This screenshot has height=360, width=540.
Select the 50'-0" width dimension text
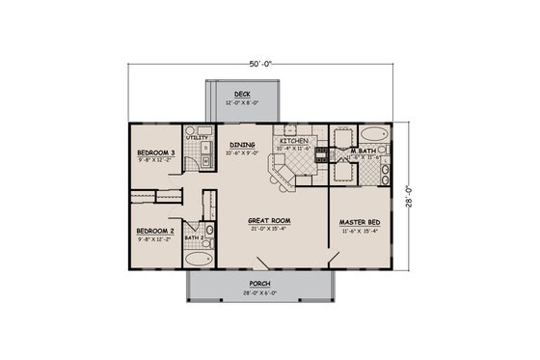tap(261, 63)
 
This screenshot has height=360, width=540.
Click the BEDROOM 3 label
tap(154, 152)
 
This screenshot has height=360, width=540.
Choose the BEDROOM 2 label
tap(154, 231)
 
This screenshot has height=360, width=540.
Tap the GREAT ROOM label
tap(269, 220)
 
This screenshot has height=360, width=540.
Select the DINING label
tap(242, 145)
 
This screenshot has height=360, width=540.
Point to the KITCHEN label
tap(292, 141)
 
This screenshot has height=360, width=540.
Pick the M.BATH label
tap(363, 151)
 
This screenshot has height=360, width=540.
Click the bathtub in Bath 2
tap(196, 258)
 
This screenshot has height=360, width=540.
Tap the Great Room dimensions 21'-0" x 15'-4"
tap(269, 228)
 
